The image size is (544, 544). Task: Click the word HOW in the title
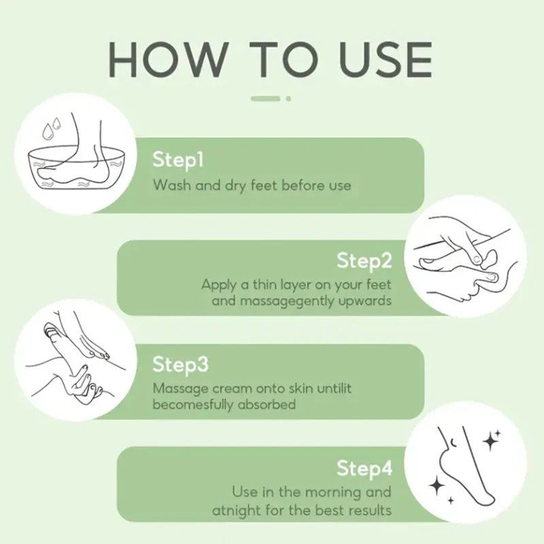pos(168,60)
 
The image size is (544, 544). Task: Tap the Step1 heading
pos(178,160)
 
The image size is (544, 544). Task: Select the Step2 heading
pos(364,261)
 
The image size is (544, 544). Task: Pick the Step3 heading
pos(180,365)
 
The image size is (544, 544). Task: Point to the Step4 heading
pos(364,469)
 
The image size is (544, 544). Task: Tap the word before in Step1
pos(302,185)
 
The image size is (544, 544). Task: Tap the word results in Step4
pos(370,511)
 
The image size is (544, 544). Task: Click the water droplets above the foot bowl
pos(52,128)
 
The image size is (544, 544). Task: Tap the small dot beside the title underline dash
pos(288,99)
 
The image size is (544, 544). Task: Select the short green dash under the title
pos(265,99)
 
